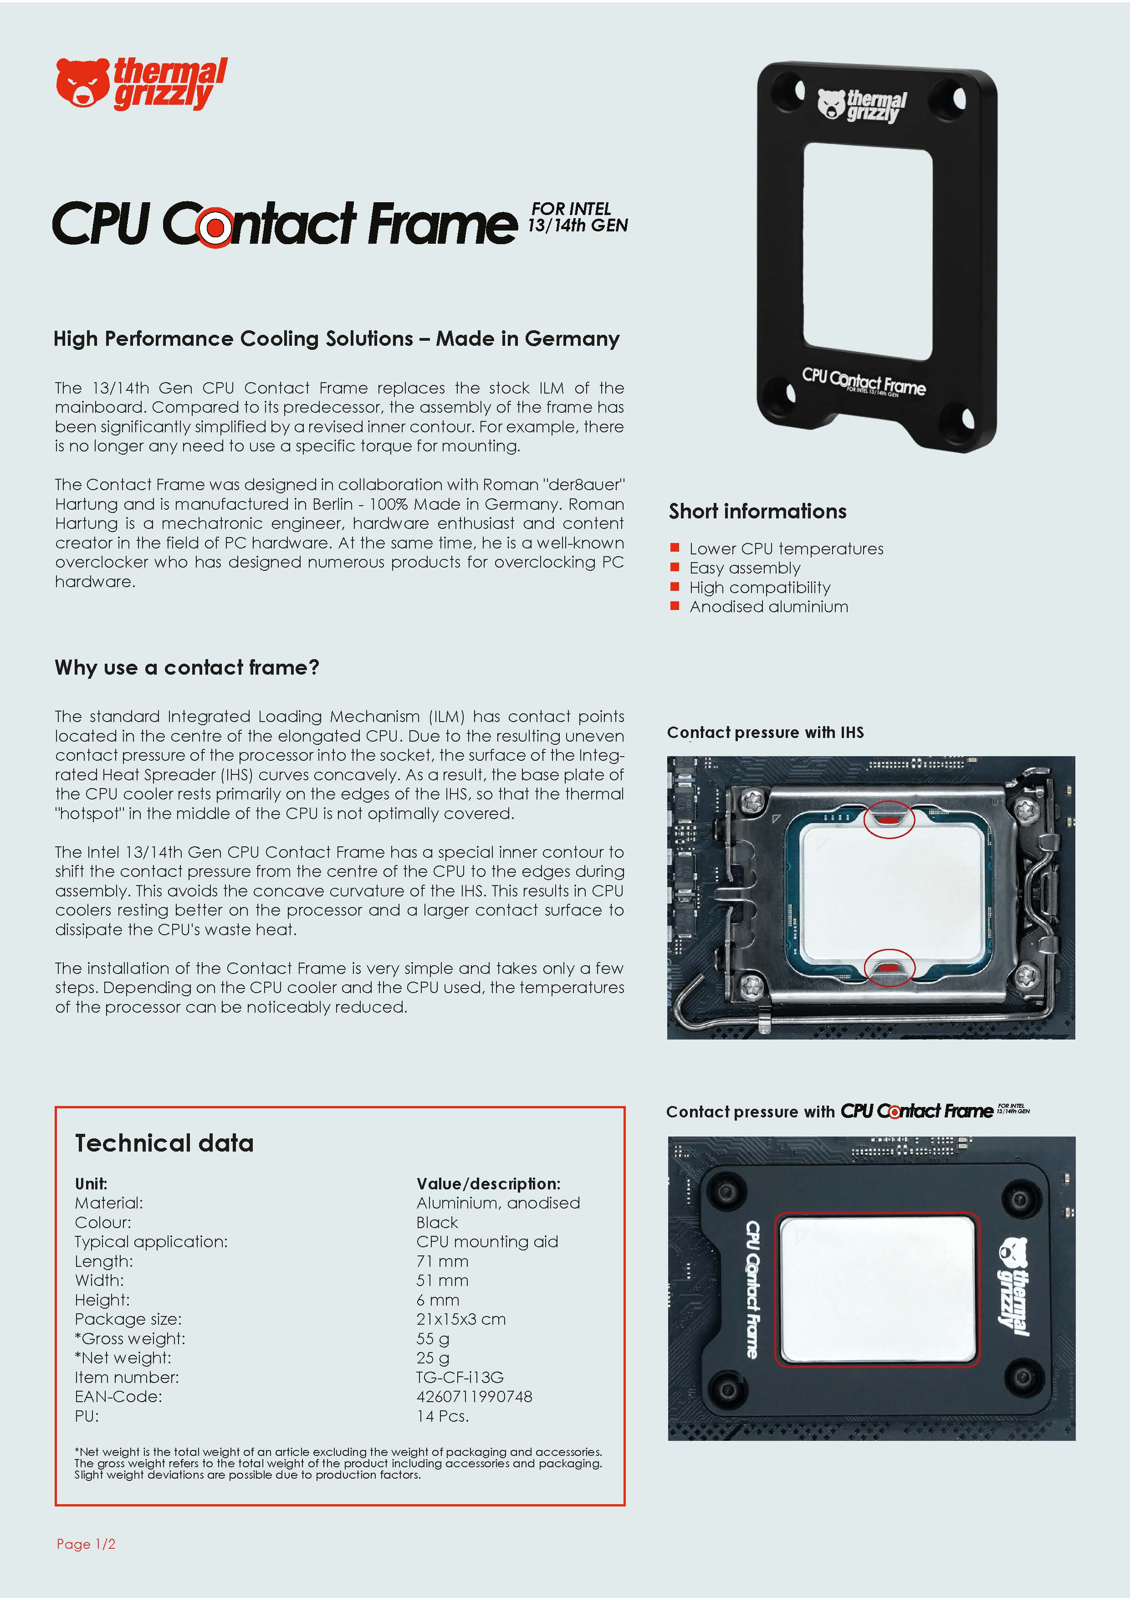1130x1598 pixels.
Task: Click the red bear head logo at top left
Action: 82,83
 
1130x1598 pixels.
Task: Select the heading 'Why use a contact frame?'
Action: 186,667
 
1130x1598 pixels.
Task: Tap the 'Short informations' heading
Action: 757,512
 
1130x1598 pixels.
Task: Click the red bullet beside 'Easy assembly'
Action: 674,567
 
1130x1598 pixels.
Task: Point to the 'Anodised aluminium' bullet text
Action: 768,607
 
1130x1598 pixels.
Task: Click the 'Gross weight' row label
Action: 130,1338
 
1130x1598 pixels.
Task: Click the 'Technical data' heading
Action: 164,1143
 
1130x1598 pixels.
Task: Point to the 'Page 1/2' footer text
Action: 86,1544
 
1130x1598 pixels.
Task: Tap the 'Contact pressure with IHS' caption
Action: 765,732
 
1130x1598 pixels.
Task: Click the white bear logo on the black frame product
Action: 831,104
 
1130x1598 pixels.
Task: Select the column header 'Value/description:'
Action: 488,1184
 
